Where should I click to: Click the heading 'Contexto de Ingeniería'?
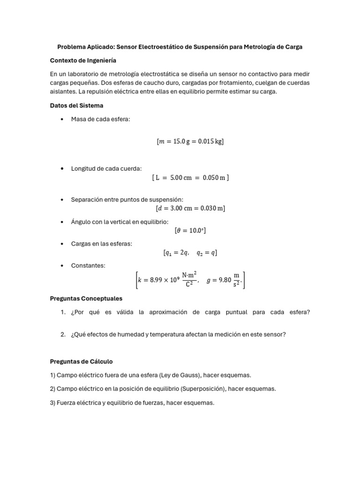pos(83,60)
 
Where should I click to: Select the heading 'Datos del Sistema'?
pos(76,105)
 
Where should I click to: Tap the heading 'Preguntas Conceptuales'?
pos(86,298)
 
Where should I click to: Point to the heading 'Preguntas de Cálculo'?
pos(81,361)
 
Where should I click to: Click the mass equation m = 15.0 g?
pos(190,142)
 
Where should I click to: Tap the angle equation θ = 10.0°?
pos(190,230)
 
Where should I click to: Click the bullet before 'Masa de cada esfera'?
pos(62,119)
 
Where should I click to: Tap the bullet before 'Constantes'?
pos(62,266)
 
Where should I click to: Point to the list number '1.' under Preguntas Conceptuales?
pos(63,312)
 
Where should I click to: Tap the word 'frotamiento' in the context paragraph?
pos(231,83)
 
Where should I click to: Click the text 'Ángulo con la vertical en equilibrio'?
pos(120,221)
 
